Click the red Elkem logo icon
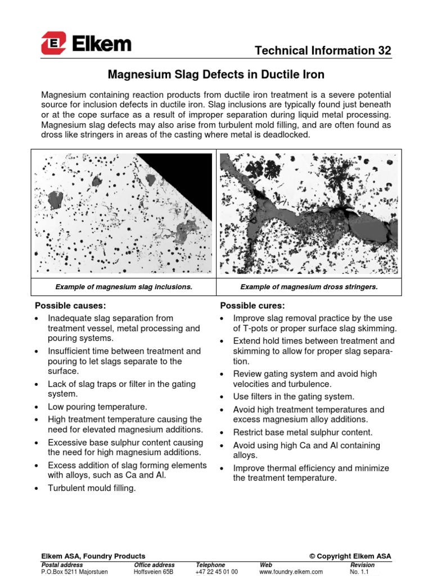53,43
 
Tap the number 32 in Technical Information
384,51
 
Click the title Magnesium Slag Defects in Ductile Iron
215,74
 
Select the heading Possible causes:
70,305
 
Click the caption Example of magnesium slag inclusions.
124,287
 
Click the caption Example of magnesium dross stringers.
309,287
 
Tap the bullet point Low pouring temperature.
97,407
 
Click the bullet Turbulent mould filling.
92,488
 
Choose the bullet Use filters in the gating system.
294,397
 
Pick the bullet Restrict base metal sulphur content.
303,433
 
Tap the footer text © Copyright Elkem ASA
350,556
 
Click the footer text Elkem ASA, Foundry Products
93,556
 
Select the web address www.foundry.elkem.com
291,571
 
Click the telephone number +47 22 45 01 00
217,571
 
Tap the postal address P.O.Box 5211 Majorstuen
75,571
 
